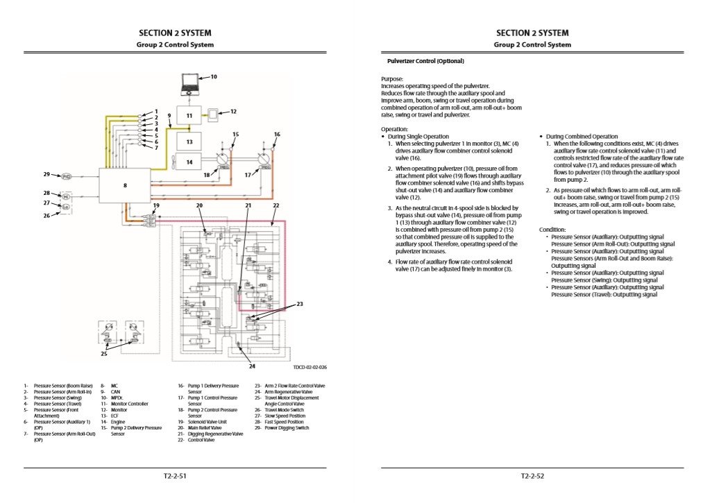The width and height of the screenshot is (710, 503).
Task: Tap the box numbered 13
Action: click(189, 141)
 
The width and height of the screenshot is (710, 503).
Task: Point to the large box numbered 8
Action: click(125, 185)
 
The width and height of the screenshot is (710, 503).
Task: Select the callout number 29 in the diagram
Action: click(47, 175)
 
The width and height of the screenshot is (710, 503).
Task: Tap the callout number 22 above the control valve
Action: click(276, 206)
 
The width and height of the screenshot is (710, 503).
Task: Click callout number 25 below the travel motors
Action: click(104, 354)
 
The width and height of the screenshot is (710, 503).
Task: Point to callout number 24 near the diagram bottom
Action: click(252, 366)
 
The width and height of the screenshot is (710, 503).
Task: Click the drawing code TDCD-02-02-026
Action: click(310, 368)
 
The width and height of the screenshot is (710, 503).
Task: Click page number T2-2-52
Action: click(532, 476)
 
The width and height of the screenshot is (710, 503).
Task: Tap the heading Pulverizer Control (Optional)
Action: click(425, 61)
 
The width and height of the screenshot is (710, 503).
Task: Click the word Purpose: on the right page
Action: click(392, 79)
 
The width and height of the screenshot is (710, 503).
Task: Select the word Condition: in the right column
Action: click(554, 230)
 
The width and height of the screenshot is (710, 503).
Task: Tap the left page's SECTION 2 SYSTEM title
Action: click(175, 33)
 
